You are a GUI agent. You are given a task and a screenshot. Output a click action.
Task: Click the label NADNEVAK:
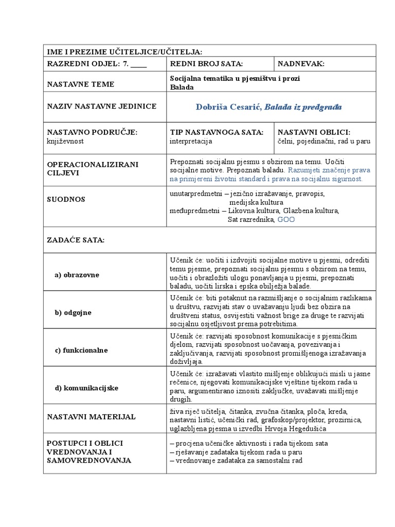point(301,64)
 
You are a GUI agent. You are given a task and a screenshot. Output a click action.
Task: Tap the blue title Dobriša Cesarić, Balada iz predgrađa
point(268,107)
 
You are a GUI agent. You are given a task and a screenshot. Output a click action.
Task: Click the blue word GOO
point(286,219)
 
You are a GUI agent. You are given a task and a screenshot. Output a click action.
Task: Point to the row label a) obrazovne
point(77,275)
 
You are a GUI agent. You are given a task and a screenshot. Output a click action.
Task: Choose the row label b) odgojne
point(73,312)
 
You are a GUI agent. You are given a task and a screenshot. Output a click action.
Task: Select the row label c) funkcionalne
point(81,350)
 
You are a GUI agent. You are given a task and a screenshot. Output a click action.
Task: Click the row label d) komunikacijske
point(86,388)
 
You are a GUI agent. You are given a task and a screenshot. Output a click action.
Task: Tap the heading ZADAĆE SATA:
point(76,240)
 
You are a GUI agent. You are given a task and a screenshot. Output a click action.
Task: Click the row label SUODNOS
point(66,199)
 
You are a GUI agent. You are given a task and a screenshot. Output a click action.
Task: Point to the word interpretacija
point(191,141)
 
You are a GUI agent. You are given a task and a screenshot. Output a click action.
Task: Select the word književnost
point(65,141)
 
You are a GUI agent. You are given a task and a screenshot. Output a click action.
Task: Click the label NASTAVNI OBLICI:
point(313,132)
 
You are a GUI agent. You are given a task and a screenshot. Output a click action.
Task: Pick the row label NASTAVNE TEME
point(81,84)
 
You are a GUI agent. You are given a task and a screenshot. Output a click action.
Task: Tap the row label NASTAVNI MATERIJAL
point(91,416)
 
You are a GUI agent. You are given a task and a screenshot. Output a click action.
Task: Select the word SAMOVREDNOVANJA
point(89,461)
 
